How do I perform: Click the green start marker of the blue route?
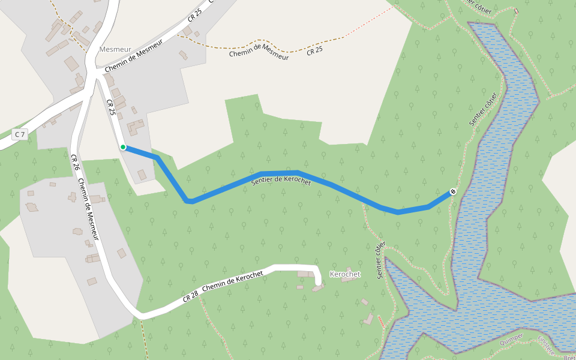pyautogui.click(x=123, y=147)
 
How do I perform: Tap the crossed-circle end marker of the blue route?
pyautogui.click(x=453, y=192)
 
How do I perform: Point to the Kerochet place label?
pyautogui.click(x=345, y=274)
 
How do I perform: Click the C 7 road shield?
pyautogui.click(x=19, y=134)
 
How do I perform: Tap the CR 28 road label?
pyautogui.click(x=190, y=296)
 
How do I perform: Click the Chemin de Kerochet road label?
pyautogui.click(x=233, y=281)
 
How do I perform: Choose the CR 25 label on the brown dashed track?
pyautogui.click(x=314, y=51)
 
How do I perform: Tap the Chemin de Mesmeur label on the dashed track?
pyautogui.click(x=259, y=55)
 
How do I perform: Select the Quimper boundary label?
pyautogui.click(x=511, y=340)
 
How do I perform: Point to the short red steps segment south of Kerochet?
pyautogui.click(x=381, y=321)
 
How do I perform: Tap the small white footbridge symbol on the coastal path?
pyautogui.click(x=516, y=11)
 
